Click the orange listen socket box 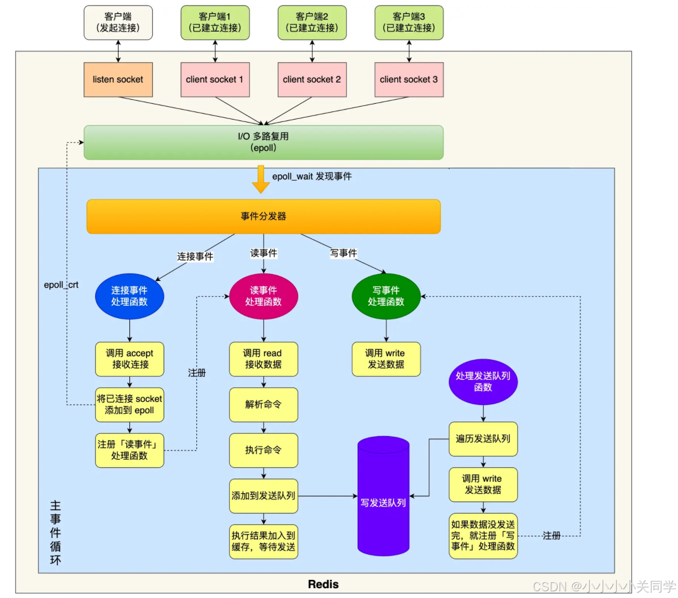tap(118, 79)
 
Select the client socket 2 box tap(312, 79)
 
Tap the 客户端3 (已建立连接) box tap(409, 22)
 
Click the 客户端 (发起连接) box tap(118, 22)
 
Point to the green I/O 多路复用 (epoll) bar tap(264, 142)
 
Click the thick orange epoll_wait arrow tap(261, 180)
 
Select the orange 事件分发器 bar tap(264, 216)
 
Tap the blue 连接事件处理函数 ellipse tap(129, 296)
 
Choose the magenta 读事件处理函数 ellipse tap(264, 296)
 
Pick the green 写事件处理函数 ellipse tap(386, 296)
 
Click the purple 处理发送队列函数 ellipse tap(483, 382)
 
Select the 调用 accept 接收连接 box tap(129, 359)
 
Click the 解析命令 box tap(264, 404)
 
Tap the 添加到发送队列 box tap(264, 496)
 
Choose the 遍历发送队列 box tap(483, 439)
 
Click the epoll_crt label tap(61, 285)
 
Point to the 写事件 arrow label tap(344, 253)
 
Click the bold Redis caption tap(323, 585)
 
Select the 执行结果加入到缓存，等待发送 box tap(264, 541)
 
